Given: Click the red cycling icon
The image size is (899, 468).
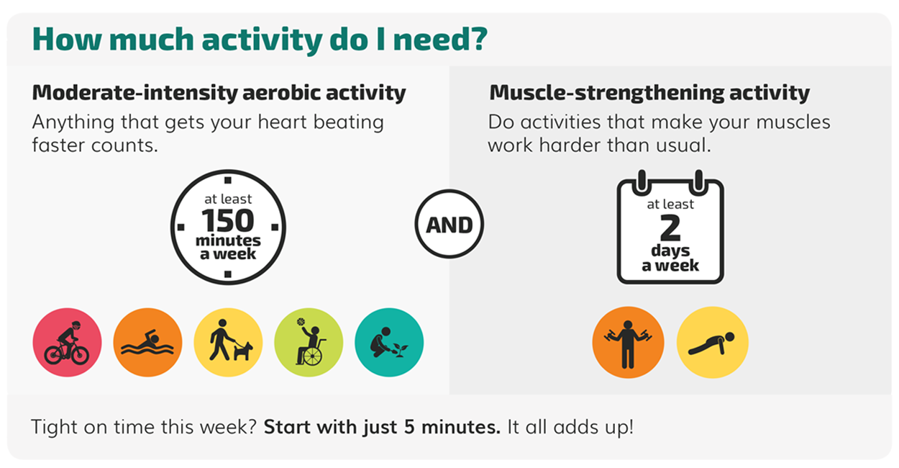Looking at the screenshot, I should point(67,342).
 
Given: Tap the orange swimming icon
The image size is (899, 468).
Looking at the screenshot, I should point(147,342).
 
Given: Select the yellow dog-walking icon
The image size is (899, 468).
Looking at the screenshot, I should point(228,342).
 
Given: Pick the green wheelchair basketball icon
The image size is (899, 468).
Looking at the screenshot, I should point(309,342).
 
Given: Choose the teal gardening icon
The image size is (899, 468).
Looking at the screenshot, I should point(389,342).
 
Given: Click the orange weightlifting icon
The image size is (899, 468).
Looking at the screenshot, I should point(628,342).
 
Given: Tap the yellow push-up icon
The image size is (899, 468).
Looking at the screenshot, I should point(712,342).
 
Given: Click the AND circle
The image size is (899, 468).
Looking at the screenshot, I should point(449,225).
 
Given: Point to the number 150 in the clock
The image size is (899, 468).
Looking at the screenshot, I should point(228,221).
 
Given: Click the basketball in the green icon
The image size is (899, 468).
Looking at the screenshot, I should point(300,322).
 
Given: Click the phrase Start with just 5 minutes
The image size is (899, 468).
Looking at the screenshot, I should point(382,426).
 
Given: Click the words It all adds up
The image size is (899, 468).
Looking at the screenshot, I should point(570,426).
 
